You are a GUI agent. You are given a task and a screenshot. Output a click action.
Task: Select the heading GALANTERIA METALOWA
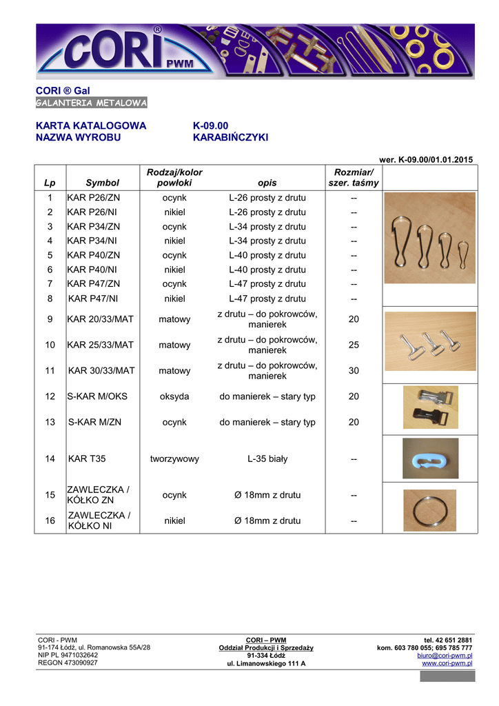point(92,103)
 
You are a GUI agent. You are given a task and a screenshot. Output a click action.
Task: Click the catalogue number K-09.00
point(210,125)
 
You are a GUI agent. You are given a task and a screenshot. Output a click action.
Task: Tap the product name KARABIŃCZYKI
point(230,137)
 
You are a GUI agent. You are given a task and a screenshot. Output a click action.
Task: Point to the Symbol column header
point(102,183)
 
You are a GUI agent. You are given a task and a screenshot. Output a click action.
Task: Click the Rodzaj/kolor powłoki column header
point(175,177)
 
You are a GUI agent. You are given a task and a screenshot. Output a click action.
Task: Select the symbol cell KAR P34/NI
point(93,241)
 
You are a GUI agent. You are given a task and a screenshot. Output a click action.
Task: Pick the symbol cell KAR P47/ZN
point(94,283)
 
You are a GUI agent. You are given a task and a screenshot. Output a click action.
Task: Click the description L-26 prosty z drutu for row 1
point(267,198)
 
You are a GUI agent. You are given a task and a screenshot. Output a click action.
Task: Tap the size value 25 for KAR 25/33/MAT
point(354,345)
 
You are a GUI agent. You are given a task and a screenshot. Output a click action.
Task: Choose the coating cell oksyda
point(175,396)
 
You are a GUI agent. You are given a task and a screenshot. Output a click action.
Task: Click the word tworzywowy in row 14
point(175,458)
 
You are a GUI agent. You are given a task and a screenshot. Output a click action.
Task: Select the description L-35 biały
point(267,458)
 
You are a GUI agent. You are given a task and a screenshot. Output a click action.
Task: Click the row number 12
point(50,396)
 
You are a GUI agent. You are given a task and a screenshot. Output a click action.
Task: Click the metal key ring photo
point(429,510)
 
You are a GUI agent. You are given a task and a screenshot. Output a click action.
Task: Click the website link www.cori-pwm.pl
point(447,663)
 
